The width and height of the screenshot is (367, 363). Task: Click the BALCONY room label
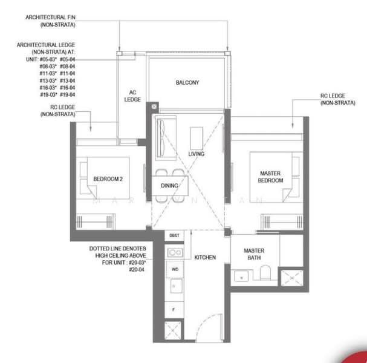[187, 82]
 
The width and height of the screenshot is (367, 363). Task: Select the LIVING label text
[196, 154]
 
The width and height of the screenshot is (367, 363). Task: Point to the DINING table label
[169, 186]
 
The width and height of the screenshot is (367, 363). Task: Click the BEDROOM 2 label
[108, 179]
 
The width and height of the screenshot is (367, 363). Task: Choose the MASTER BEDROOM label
[267, 177]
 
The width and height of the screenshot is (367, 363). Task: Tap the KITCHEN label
[205, 258]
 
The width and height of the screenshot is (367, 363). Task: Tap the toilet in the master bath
[265, 275]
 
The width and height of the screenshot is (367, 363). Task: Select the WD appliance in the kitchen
[175, 269]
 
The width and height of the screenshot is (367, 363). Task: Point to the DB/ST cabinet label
[174, 235]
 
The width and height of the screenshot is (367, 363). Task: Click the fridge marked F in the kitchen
[174, 309]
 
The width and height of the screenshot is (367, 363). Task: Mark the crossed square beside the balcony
[155, 106]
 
